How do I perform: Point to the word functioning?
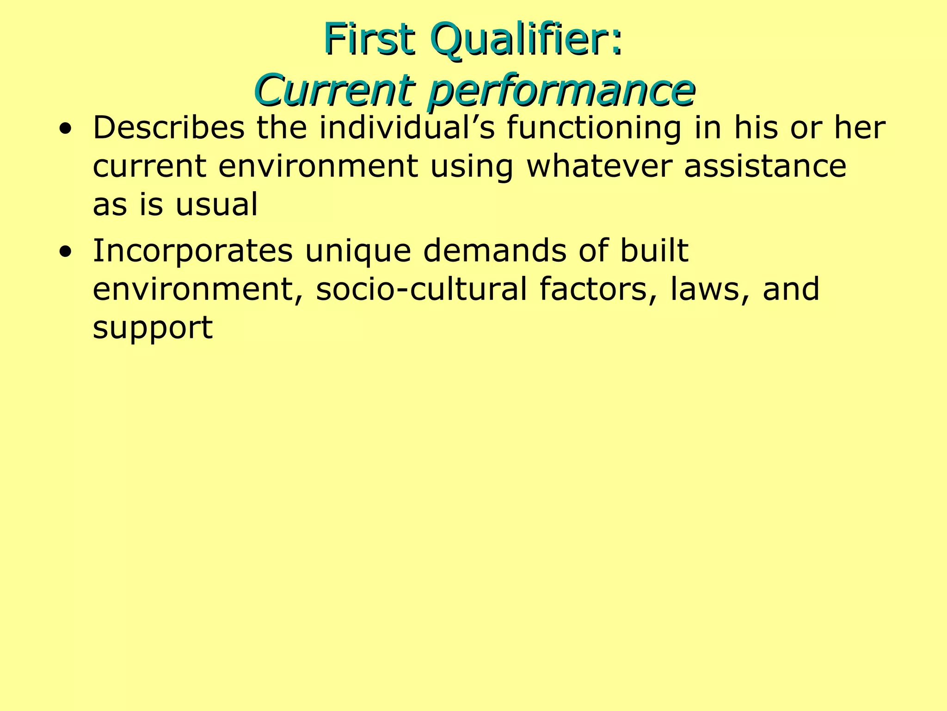coord(594,128)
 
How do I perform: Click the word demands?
coord(495,250)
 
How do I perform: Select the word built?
coord(654,250)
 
